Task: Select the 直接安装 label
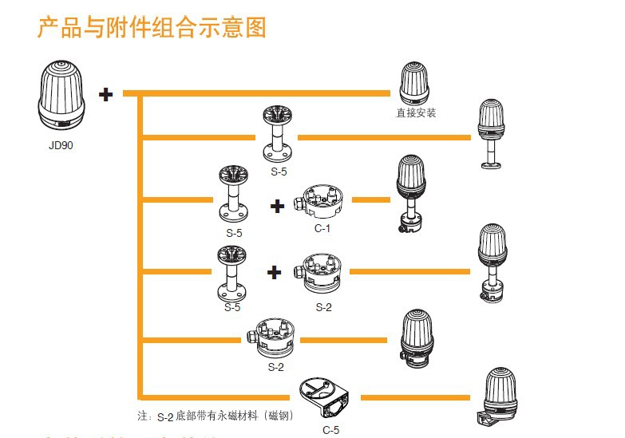[417, 113]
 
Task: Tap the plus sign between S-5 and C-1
[277, 207]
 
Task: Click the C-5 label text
[330, 431]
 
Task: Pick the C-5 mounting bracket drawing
[326, 397]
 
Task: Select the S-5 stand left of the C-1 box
[233, 193]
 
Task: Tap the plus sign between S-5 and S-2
[275, 273]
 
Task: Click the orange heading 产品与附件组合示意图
[151, 28]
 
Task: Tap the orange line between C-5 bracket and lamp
[415, 397]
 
